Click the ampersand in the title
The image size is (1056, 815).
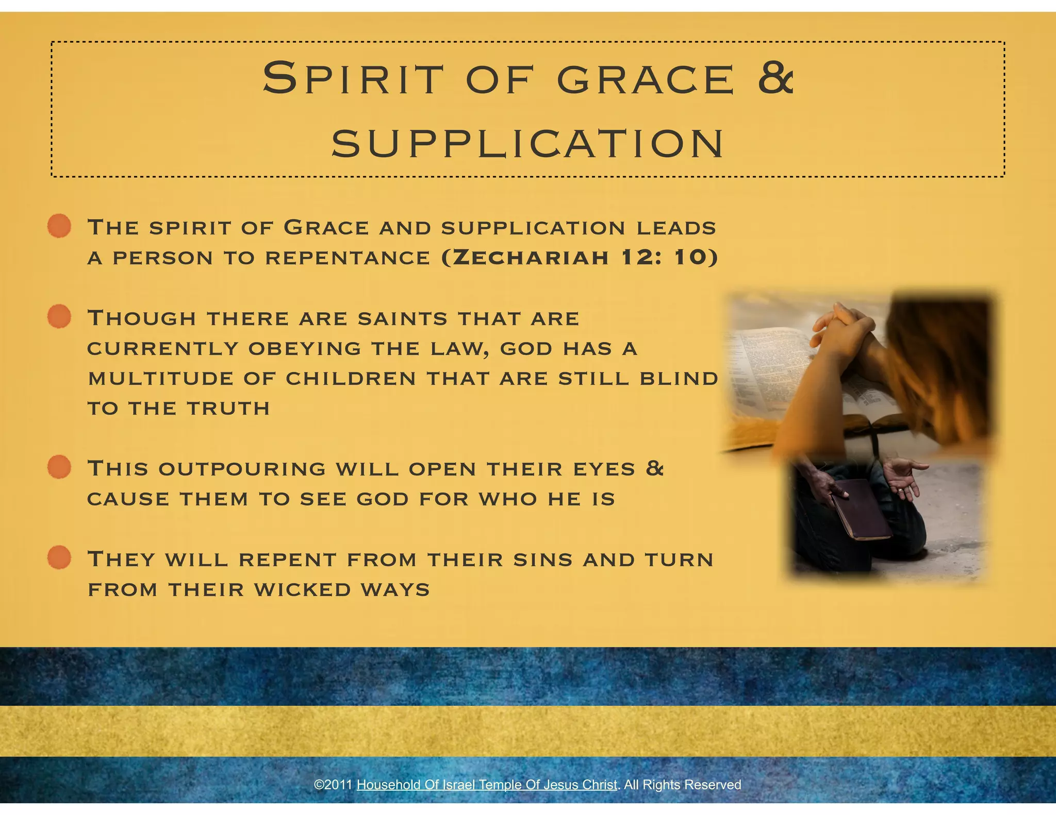tap(774, 78)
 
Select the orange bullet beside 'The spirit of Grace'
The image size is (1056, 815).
tap(59, 226)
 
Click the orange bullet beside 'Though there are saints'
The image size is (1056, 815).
tap(59, 316)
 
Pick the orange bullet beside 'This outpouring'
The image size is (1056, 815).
tap(59, 467)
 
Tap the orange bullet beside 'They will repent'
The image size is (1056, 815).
tap(59, 557)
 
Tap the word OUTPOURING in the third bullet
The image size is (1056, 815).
tap(242, 469)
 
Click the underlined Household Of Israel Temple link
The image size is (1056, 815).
tap(487, 785)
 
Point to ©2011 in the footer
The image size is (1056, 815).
tap(333, 785)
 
